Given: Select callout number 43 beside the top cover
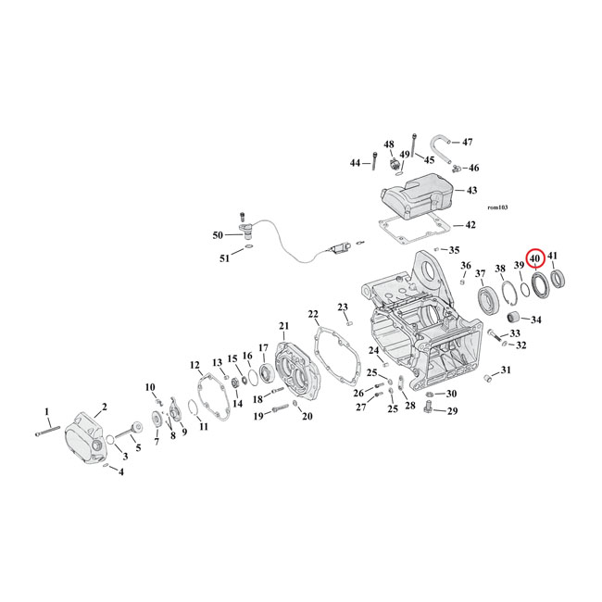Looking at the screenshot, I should [x=471, y=190].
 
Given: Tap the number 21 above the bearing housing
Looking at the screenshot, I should [x=283, y=326].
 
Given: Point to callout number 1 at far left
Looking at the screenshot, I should [x=47, y=410].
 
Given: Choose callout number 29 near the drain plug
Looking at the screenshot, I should [x=452, y=410].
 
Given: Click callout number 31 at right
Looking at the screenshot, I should [x=505, y=370].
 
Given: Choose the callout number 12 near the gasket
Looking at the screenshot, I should [x=194, y=364].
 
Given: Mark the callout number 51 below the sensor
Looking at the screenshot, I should [x=224, y=258].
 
